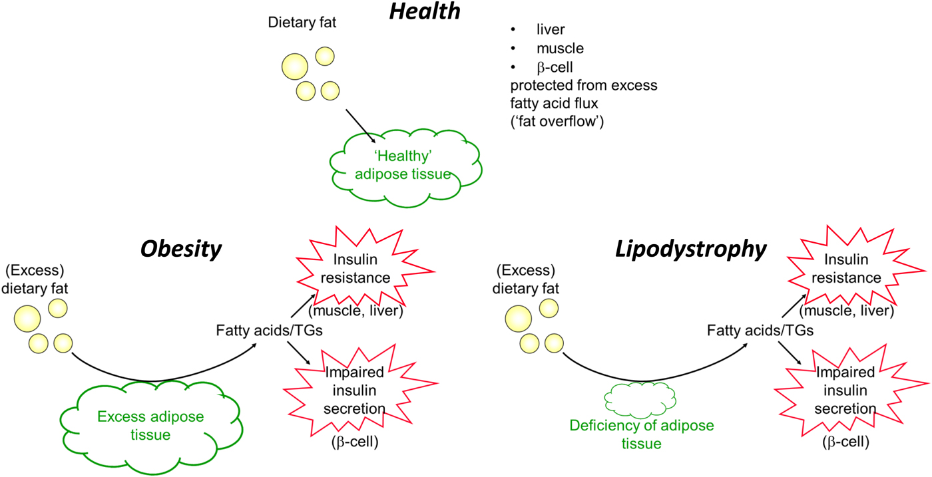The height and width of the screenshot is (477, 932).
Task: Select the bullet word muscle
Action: coord(560,49)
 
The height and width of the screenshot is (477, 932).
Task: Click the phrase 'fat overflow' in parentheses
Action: coord(557,122)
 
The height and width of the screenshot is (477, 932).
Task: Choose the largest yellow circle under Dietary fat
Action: coord(295,67)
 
